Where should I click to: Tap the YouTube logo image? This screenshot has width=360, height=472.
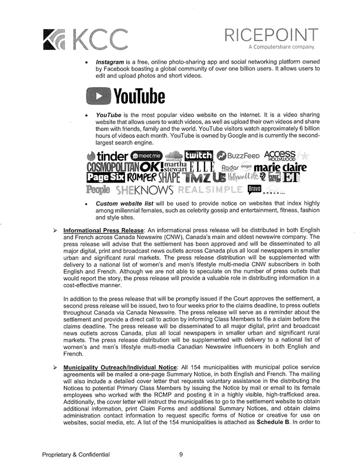126,95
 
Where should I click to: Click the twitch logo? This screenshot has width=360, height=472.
198,155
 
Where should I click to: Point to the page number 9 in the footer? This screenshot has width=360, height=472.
181,454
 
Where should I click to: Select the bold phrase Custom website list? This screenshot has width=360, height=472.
124,204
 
